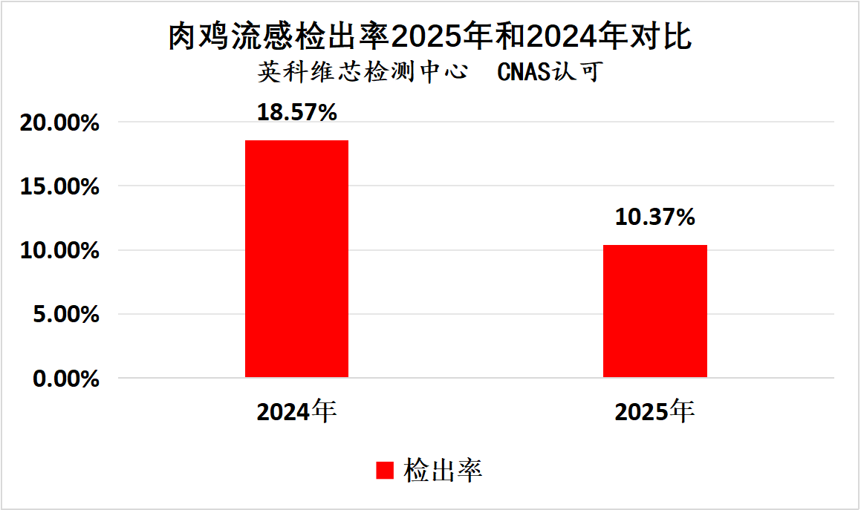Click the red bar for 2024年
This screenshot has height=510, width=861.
point(296,258)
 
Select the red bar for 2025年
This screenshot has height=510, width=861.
point(654,310)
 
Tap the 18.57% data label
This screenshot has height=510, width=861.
point(297,113)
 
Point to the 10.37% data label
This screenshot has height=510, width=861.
point(654,218)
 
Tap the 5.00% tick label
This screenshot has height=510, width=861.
point(65,315)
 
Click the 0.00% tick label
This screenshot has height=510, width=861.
point(65,379)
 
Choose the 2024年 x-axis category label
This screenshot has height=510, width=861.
point(297,411)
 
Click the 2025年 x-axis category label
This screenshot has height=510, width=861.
point(654,411)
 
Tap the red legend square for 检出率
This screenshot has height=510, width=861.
point(384,471)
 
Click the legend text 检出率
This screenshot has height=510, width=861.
point(443,471)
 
